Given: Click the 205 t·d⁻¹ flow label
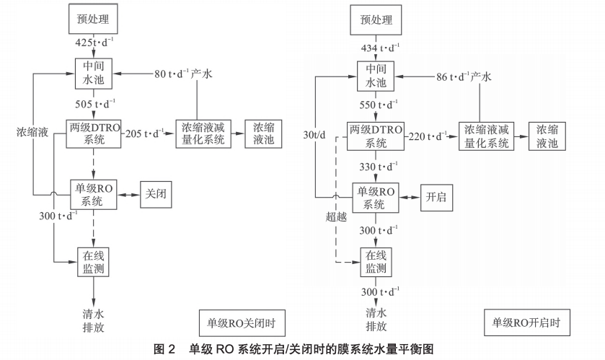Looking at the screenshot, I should pyautogui.click(x=144, y=133).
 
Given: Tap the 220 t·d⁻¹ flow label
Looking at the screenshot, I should pyautogui.click(x=428, y=136).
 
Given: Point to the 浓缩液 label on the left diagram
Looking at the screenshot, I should pyautogui.click(x=33, y=133).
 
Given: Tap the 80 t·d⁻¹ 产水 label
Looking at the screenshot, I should pyautogui.click(x=186, y=74).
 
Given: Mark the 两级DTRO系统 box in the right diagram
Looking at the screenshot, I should pyautogui.click(x=375, y=136).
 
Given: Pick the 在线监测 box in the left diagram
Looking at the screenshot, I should pyautogui.click(x=97, y=260).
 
